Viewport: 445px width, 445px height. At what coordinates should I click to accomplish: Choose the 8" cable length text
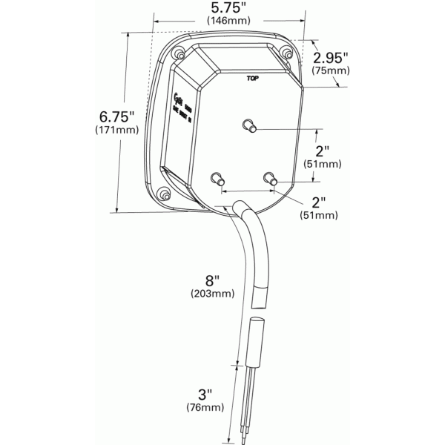[x=213, y=280]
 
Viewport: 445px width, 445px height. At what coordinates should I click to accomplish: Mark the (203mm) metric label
[x=213, y=294]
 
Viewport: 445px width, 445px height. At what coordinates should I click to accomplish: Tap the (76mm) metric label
[x=205, y=407]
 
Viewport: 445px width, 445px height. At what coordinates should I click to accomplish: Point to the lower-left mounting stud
[x=217, y=179]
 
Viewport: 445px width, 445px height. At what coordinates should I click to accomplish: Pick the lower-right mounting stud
[x=271, y=179]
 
